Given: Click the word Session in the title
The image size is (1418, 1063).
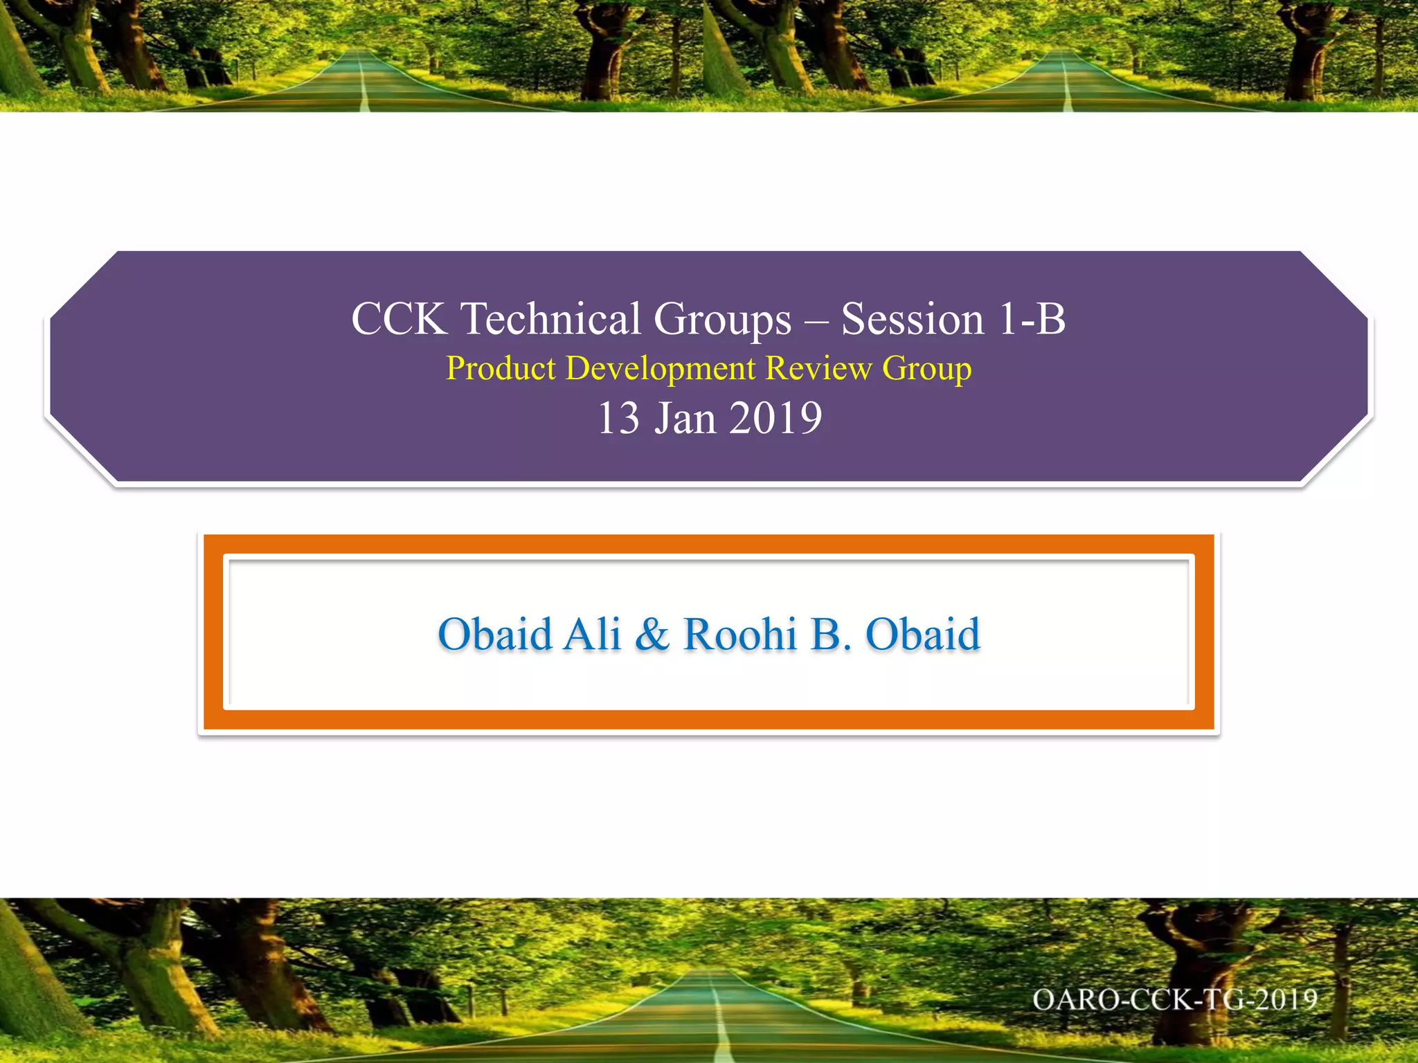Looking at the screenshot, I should pos(912,320).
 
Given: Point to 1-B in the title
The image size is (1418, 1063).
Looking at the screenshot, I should pos(1032,320).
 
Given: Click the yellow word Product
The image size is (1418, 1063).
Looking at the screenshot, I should pos(501,368).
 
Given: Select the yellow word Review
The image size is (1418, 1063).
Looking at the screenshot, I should pos(818,368).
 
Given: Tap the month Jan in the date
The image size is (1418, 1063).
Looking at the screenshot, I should pos(685,419).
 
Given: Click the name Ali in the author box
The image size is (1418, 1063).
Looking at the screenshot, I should pos(592,634).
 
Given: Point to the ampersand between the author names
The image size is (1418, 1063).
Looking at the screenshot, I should pos(652,634).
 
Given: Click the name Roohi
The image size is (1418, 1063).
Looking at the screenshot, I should pos(739,634).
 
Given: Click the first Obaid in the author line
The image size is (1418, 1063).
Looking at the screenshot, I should pos(495,634).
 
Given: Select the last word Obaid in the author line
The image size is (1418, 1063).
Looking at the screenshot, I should pos(923,634).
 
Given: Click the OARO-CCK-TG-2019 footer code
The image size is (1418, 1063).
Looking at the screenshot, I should pos(1174,1000).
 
